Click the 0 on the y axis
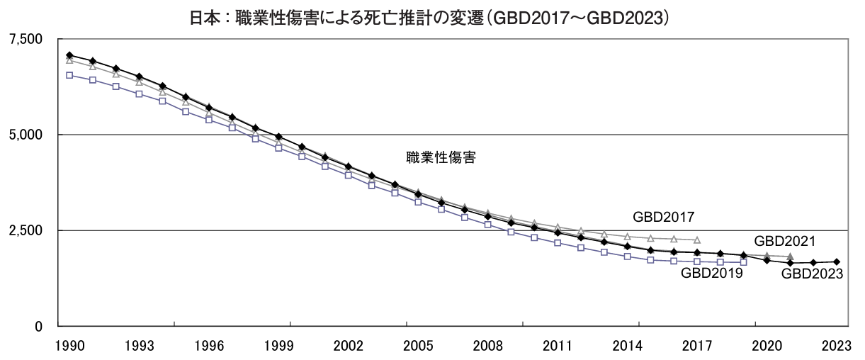[39, 327]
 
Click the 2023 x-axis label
[836, 346]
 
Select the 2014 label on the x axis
[627, 346]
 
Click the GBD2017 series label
[663, 217]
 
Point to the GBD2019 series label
[711, 274]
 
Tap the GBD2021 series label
[784, 241]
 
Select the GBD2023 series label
[812, 274]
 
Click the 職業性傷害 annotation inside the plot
[441, 157]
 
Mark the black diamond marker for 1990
[69, 55]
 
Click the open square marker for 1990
[69, 75]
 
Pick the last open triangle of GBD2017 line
[697, 240]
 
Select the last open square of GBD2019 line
[743, 262]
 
